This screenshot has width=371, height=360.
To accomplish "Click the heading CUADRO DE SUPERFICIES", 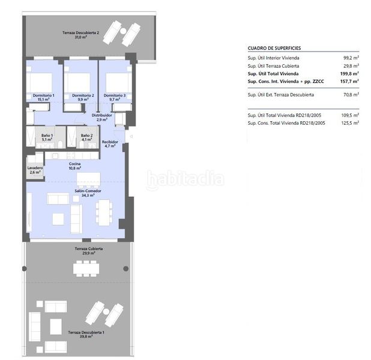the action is [x=274, y=48].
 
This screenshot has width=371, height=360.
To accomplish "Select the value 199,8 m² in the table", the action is [x=349, y=74].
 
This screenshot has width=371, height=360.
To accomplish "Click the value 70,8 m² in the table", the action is [x=351, y=95].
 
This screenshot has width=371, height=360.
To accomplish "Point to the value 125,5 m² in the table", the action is [x=350, y=123].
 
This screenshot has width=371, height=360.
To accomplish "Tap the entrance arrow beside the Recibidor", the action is [x=131, y=136].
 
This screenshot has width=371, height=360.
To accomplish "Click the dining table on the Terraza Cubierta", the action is [x=86, y=268].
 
